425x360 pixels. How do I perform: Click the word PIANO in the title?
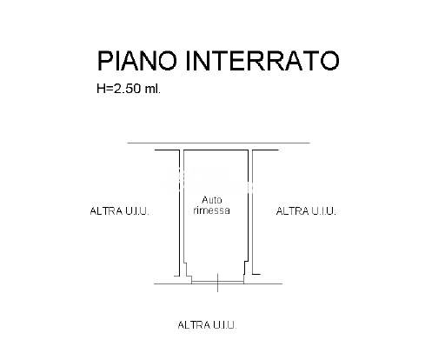click(x=136, y=61)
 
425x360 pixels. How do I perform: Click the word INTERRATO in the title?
click(x=262, y=61)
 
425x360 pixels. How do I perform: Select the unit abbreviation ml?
click(x=153, y=89)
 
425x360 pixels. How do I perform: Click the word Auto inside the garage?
click(x=212, y=200)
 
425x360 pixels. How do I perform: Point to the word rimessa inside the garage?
click(x=211, y=210)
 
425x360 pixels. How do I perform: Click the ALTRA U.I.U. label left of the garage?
click(x=119, y=211)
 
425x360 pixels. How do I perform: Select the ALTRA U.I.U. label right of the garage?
click(x=306, y=211)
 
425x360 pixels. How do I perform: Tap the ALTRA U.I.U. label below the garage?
click(x=207, y=325)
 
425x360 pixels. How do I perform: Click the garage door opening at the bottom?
click(x=217, y=283)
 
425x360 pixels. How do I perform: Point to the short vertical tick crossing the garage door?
click(x=217, y=283)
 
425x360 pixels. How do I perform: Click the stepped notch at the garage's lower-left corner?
click(x=188, y=272)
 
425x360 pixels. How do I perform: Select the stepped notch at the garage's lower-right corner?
click(x=246, y=272)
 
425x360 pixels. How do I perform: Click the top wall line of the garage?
click(x=216, y=150)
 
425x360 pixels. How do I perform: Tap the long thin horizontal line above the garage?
click(x=219, y=143)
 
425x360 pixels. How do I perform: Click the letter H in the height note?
click(x=101, y=89)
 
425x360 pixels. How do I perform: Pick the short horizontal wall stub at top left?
click(x=167, y=150)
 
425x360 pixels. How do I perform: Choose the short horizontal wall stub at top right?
click(x=266, y=150)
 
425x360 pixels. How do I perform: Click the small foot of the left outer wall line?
click(x=176, y=276)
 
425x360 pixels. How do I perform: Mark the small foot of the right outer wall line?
click(x=256, y=274)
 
